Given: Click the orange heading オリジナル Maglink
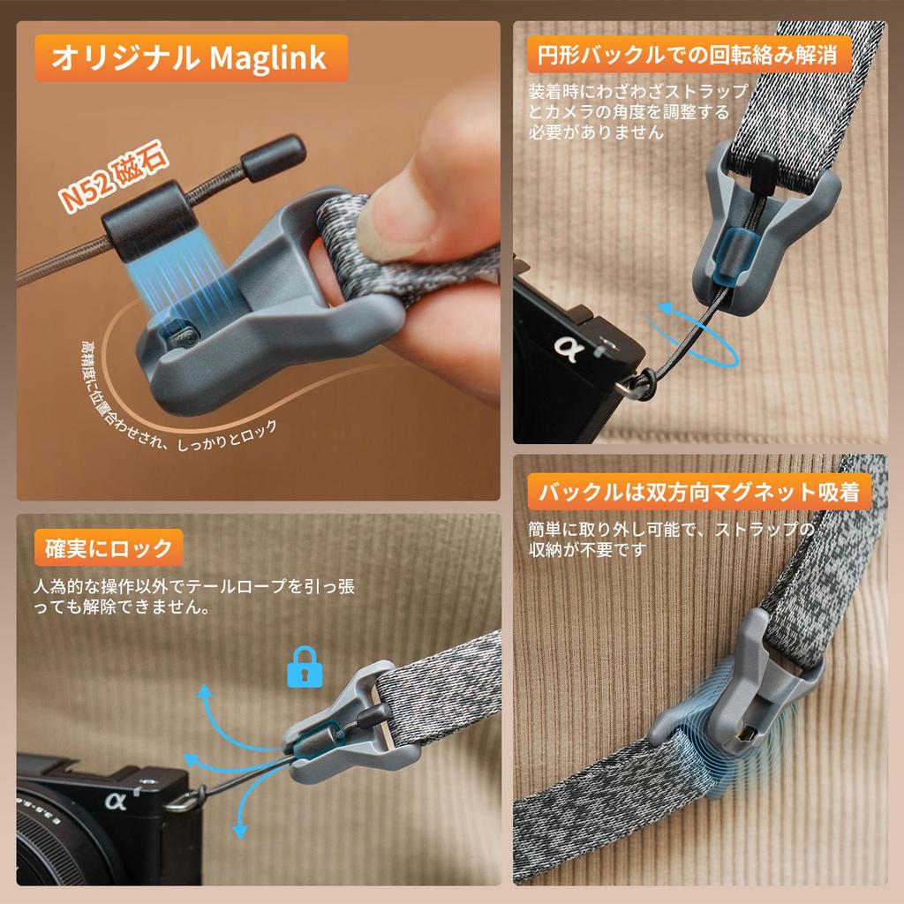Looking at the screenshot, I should click(189, 59).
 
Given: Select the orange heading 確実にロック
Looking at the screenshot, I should click(109, 548).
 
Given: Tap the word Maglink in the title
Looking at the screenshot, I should click(268, 59).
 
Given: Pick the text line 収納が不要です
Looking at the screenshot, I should click(587, 548).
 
